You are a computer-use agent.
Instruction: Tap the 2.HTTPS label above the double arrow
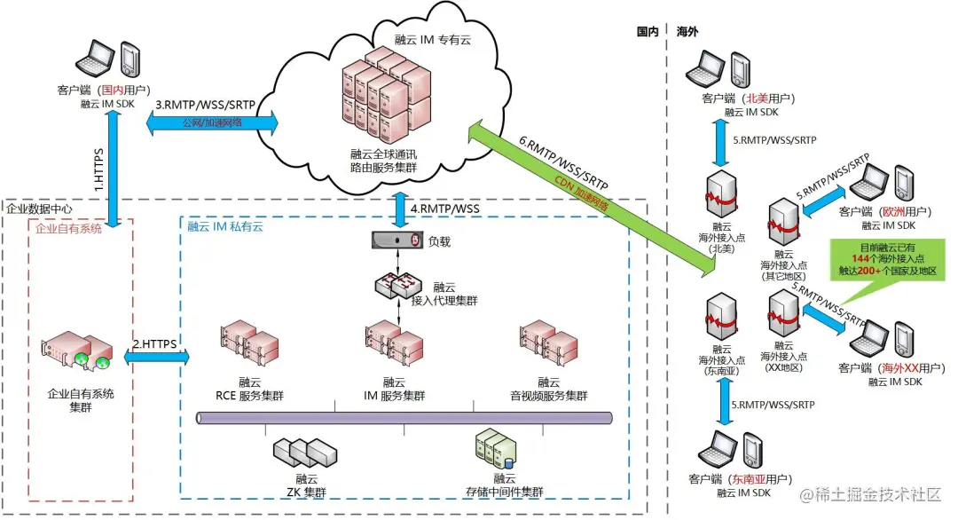pos(155,343)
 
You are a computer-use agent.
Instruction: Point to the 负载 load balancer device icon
pos(395,240)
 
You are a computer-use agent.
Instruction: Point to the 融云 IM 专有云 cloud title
pos(436,40)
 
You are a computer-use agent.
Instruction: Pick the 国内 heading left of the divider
pos(648,31)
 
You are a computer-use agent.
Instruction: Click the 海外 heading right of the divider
pos(687,31)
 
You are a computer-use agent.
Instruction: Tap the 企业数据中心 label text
pos(40,209)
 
